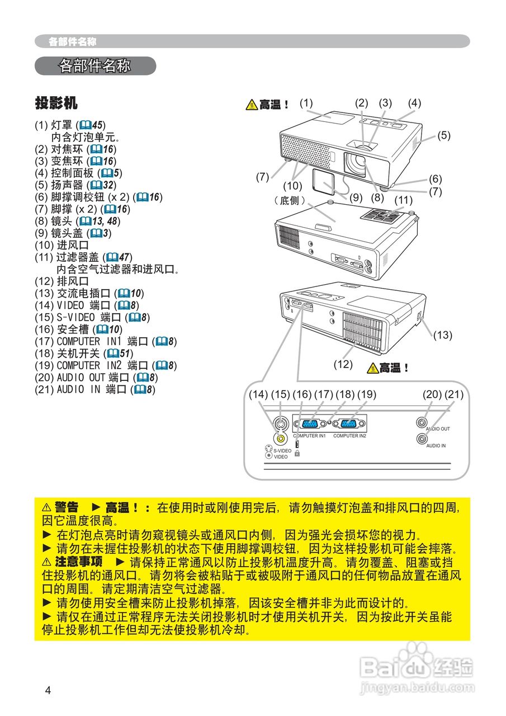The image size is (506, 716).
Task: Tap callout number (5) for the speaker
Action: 444,135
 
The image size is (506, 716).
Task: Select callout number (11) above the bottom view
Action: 403,200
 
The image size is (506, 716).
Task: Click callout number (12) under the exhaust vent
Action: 343,364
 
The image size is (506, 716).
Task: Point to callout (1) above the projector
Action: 306,103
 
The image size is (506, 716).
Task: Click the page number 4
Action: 48,690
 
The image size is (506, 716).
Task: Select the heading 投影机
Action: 56,103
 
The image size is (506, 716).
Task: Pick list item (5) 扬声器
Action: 75,185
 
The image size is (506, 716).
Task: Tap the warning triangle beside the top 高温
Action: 251,105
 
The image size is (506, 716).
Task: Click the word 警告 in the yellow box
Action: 67,507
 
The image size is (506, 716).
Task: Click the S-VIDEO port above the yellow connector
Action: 280,424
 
